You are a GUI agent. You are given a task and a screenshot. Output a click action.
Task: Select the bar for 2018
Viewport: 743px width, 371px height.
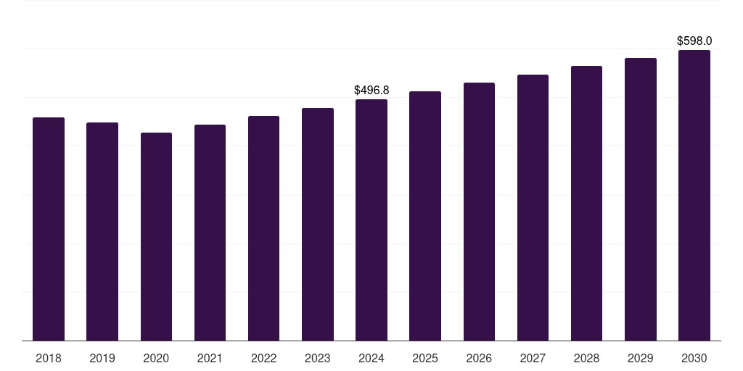tap(49, 229)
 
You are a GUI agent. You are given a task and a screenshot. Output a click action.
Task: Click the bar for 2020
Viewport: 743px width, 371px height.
tap(157, 237)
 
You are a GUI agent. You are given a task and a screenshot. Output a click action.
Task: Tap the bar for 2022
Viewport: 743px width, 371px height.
tap(263, 228)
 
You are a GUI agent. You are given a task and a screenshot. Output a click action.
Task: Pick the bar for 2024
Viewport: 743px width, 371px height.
tap(371, 220)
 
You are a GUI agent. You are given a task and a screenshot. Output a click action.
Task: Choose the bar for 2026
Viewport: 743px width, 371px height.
tap(479, 212)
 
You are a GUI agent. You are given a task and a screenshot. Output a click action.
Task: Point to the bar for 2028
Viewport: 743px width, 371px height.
tap(586, 204)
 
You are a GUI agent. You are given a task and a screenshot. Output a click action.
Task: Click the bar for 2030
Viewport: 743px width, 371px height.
tap(694, 196)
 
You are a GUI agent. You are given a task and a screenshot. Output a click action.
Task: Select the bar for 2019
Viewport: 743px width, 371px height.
tap(102, 231)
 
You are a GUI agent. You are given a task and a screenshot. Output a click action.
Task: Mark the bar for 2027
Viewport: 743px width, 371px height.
tap(533, 208)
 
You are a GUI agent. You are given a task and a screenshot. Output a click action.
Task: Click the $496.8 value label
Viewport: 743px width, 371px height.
tap(371, 91)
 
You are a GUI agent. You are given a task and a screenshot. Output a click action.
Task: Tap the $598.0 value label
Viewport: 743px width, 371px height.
tap(694, 41)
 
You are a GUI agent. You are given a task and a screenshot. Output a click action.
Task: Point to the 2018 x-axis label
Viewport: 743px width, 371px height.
tap(49, 358)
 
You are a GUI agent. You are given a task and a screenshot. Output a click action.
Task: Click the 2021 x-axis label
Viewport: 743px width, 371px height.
tap(210, 358)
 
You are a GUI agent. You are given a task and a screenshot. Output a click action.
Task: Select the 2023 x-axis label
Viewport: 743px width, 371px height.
tap(318, 358)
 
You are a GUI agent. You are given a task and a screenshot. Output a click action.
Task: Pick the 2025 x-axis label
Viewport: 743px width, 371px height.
tap(425, 358)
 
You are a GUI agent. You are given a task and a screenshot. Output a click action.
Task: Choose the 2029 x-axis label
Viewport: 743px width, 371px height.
tap(640, 358)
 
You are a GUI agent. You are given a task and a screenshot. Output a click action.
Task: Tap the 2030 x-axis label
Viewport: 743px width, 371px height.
tap(694, 358)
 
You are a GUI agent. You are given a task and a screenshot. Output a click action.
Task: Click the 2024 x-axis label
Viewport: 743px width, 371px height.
tap(371, 358)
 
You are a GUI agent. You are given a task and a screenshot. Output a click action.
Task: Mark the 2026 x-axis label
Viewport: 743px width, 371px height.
tap(479, 358)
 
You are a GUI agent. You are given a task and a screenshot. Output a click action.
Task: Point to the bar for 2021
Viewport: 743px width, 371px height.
tap(210, 233)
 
